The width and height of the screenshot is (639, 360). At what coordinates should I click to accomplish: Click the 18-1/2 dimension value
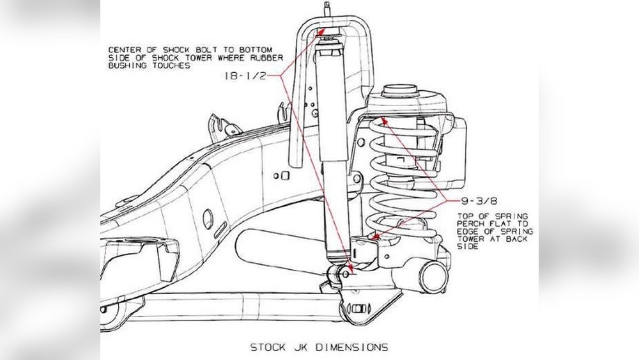coord(245,75)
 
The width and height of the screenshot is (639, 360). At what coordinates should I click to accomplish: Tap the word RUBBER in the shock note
coord(267,58)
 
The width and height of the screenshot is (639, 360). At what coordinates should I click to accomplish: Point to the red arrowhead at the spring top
coord(383,121)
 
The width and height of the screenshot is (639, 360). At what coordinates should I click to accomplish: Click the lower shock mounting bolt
coord(345,274)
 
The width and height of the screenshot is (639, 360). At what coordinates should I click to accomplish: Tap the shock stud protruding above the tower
coord(327,9)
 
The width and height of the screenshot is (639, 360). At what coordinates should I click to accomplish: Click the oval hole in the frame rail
coord(208,219)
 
